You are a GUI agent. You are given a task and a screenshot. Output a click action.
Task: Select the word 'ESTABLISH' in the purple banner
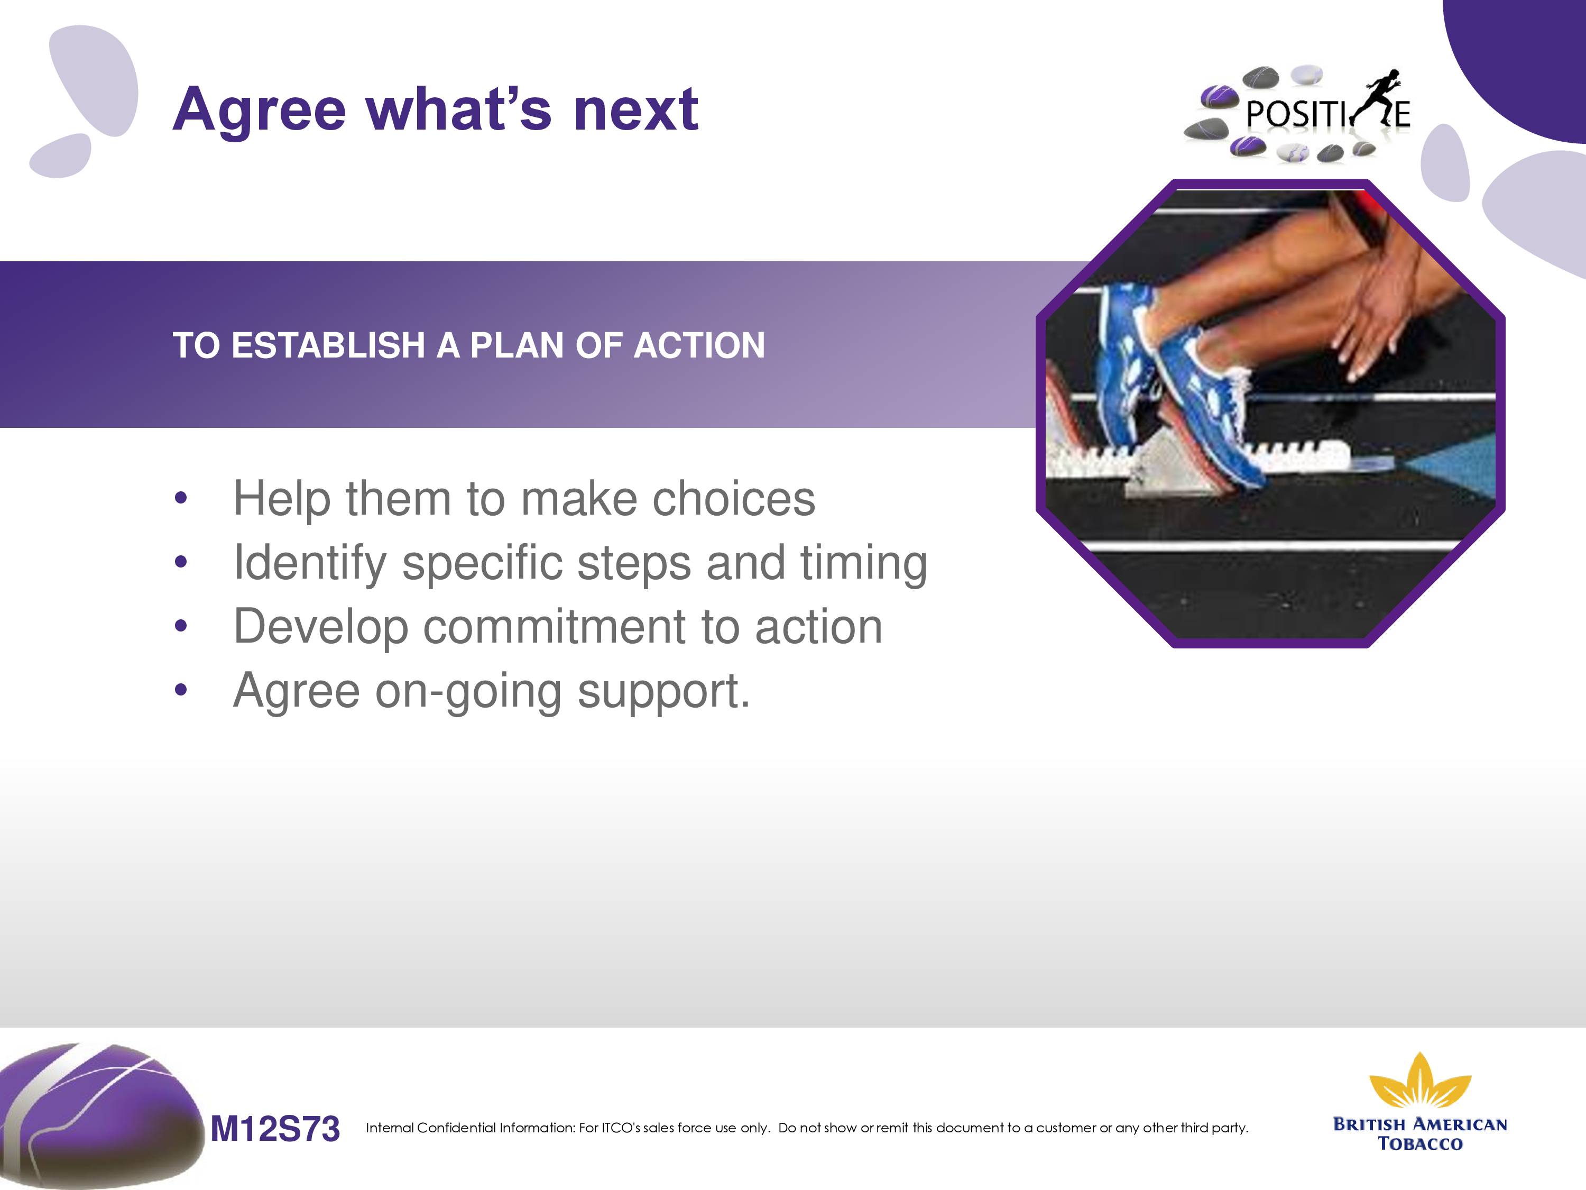[x=328, y=345]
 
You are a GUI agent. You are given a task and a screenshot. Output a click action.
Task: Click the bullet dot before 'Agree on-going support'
[x=181, y=690]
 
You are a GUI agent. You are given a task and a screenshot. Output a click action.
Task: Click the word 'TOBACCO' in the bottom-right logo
[x=1421, y=1143]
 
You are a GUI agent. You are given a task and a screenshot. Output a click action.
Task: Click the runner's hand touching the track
[x=1366, y=316]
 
